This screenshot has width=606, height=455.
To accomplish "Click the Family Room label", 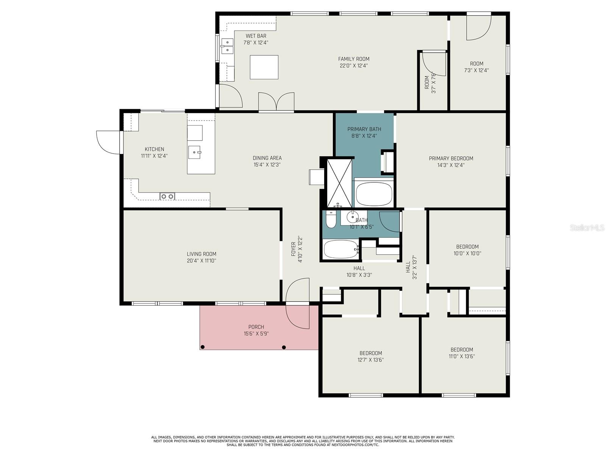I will pos(353,59).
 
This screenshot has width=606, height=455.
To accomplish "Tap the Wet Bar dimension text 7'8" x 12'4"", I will pos(256,43).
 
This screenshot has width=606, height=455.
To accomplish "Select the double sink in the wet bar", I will pos(227,46).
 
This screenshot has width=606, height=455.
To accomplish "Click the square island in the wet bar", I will pos(264,67).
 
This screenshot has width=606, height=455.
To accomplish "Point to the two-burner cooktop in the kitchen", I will pos(167,196).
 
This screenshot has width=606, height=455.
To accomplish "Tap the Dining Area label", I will pos(267,158).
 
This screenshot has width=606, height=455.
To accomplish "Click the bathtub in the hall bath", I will pos(340,249).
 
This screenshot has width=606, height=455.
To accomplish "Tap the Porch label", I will pos(256,327).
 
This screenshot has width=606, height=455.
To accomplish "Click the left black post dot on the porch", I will pos(203,347).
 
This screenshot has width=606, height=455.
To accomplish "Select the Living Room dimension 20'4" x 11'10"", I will pos(201,261).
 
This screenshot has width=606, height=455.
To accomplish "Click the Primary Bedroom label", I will pos(451,158).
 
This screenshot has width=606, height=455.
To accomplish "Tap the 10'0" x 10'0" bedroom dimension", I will pos(467,253).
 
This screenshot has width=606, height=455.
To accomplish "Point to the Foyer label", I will pos(293,249).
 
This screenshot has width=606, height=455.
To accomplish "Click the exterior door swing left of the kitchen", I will pos(108,142).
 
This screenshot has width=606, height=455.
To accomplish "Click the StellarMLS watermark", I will pos(587,228).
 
